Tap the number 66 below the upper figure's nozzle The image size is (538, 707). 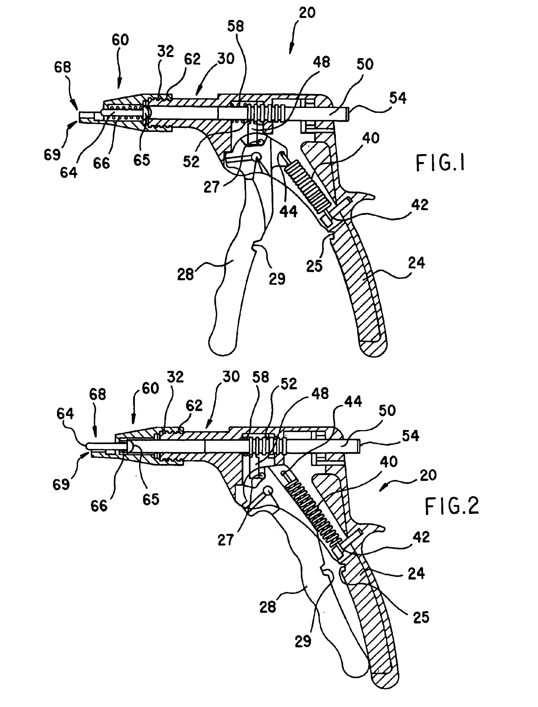tap(102, 163)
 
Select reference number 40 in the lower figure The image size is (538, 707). tap(389, 462)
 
